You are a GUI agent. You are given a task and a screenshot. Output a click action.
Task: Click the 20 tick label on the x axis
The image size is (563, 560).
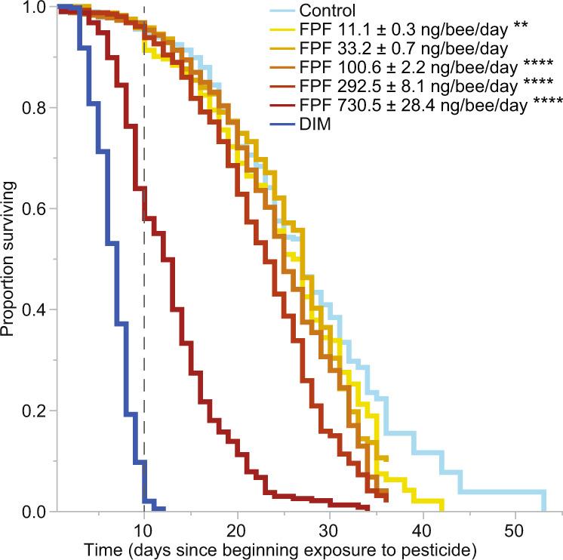tap(237, 527)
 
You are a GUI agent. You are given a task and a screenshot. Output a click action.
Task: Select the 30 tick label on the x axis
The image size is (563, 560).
tap(330, 527)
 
